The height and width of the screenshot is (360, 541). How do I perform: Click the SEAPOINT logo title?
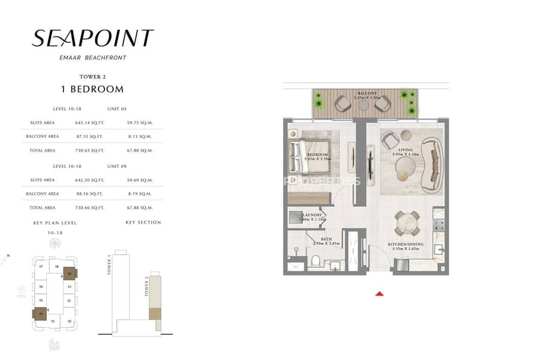point(92,38)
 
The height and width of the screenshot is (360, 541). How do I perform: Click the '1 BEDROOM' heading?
point(93,89)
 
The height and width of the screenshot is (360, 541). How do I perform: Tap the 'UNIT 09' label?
point(117,166)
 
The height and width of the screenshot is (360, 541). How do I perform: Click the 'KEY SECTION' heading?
point(143,223)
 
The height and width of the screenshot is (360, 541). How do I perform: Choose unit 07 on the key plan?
point(41,265)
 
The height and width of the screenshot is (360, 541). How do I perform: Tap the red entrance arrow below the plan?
point(378,293)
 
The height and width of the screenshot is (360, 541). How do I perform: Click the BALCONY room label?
point(368,94)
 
